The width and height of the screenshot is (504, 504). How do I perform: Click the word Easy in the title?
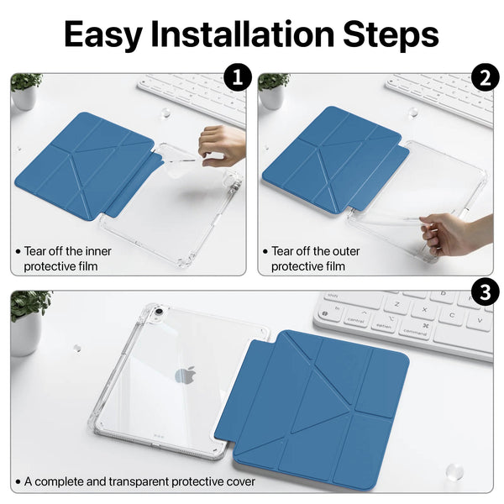(x=103, y=34)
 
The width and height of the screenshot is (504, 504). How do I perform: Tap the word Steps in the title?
(x=391, y=34)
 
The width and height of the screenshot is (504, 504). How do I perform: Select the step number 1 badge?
(x=238, y=77)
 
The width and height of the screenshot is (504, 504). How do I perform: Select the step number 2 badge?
(x=485, y=77)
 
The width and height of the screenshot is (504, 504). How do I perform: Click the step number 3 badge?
(x=485, y=293)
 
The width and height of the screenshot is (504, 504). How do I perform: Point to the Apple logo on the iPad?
(x=186, y=375)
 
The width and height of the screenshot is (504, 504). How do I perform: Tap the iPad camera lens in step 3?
(x=159, y=312)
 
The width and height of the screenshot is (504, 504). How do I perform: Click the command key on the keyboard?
(x=415, y=331)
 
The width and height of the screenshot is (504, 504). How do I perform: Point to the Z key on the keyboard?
(x=397, y=304)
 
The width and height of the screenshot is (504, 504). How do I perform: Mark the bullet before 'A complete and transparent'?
(x=18, y=482)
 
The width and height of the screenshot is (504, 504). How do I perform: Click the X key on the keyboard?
(x=424, y=309)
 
